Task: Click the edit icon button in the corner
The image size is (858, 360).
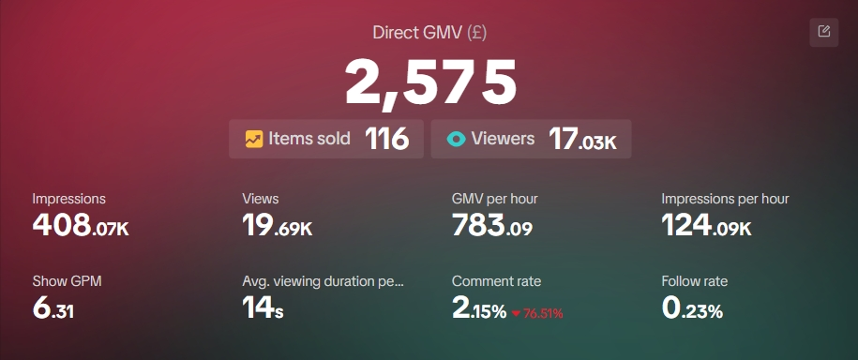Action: (x=823, y=32)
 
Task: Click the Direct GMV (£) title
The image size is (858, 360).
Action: (x=429, y=33)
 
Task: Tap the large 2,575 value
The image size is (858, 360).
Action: (x=430, y=82)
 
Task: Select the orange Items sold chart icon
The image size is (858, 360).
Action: (x=253, y=139)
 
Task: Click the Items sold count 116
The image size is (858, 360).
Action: (x=386, y=139)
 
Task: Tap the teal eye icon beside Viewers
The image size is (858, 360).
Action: (x=456, y=139)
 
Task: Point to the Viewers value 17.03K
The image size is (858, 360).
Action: (x=582, y=140)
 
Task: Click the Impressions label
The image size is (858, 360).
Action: (x=68, y=199)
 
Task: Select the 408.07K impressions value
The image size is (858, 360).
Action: (x=80, y=225)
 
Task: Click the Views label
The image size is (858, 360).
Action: (x=260, y=199)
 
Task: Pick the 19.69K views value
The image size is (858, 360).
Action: (x=277, y=225)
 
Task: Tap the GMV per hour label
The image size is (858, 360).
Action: (x=494, y=199)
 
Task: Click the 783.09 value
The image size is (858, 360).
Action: (x=491, y=225)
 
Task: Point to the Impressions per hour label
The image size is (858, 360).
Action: (x=725, y=199)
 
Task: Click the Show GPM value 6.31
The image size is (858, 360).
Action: (x=53, y=308)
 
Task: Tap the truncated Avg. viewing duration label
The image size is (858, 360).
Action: (x=323, y=281)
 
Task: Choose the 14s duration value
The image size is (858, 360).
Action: (x=263, y=308)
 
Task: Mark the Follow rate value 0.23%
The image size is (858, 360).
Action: (x=692, y=308)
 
